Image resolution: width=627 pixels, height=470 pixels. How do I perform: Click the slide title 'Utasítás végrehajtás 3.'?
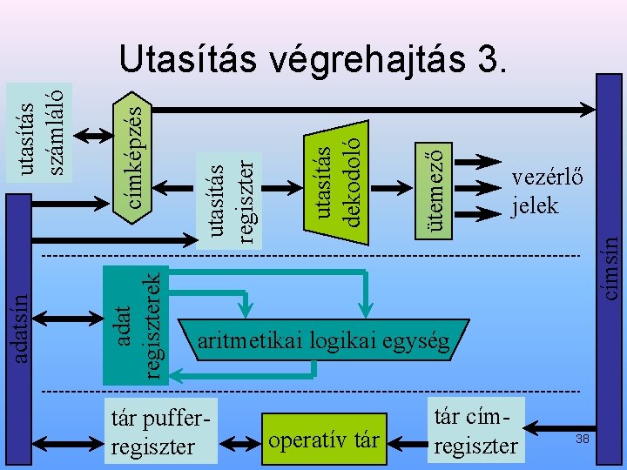pyautogui.click(x=312, y=60)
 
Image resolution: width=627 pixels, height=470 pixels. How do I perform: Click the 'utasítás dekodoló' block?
pyautogui.click(x=337, y=175)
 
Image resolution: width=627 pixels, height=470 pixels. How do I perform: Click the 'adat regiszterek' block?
pyautogui.click(x=136, y=323)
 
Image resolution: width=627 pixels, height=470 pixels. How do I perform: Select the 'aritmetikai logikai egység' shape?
pyautogui.click(x=324, y=341)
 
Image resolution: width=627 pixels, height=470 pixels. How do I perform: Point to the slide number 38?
pyautogui.click(x=583, y=440)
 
